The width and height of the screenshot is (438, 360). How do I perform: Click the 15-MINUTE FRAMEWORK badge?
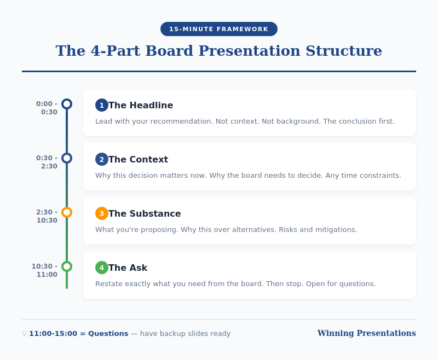click(x=219, y=29)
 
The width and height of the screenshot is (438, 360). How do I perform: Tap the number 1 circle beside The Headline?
click(x=102, y=105)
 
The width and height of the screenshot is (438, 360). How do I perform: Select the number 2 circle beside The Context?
click(x=102, y=159)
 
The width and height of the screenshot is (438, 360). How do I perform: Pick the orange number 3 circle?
click(x=102, y=213)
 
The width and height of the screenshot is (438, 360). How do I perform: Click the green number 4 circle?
click(x=102, y=268)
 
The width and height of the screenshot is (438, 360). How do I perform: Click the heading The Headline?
click(x=141, y=106)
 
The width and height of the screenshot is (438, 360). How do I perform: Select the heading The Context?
click(x=138, y=160)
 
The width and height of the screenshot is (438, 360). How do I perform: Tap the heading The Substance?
click(x=145, y=214)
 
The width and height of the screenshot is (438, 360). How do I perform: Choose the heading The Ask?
click(x=128, y=268)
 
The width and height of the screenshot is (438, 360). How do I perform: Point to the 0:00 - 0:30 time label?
click(x=47, y=108)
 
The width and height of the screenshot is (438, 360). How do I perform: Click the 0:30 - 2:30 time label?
click(x=47, y=162)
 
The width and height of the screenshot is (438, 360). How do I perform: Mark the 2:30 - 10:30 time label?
click(x=47, y=216)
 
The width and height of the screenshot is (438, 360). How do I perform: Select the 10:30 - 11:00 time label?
click(x=44, y=270)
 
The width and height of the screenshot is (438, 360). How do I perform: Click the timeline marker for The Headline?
click(x=67, y=104)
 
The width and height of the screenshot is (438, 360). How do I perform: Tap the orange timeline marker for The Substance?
click(x=67, y=212)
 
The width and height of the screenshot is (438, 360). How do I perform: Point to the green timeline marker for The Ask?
click(x=67, y=266)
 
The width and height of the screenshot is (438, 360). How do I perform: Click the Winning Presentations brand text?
click(x=366, y=333)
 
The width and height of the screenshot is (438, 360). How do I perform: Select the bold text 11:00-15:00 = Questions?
click(x=79, y=334)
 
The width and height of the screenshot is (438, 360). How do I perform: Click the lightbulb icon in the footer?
click(x=24, y=334)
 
